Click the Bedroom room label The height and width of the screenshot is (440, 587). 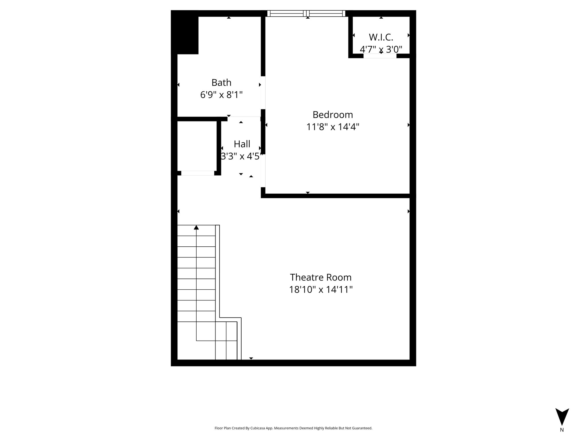coord(333,115)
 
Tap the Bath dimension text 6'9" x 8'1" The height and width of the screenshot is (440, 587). coord(222,95)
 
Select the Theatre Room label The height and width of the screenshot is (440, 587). coord(321,277)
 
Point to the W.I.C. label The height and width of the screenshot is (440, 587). coord(381,37)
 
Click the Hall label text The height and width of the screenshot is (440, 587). coord(242,144)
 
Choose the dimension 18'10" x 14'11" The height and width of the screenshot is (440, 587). coord(321,290)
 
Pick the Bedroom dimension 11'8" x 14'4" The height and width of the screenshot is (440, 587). coord(333,127)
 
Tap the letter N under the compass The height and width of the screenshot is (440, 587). coord(562,430)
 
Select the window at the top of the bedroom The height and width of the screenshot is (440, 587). coord(306,13)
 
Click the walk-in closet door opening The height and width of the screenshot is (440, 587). coord(380,56)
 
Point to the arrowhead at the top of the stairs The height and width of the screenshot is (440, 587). coord(196,227)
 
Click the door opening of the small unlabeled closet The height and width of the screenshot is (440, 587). coord(198,173)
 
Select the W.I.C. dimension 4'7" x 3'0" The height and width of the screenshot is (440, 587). coord(381,50)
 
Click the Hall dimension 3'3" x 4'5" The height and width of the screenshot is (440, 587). coord(242,156)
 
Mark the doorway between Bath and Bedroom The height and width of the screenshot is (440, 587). coord(263,93)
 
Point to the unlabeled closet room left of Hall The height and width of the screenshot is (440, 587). coord(197,146)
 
